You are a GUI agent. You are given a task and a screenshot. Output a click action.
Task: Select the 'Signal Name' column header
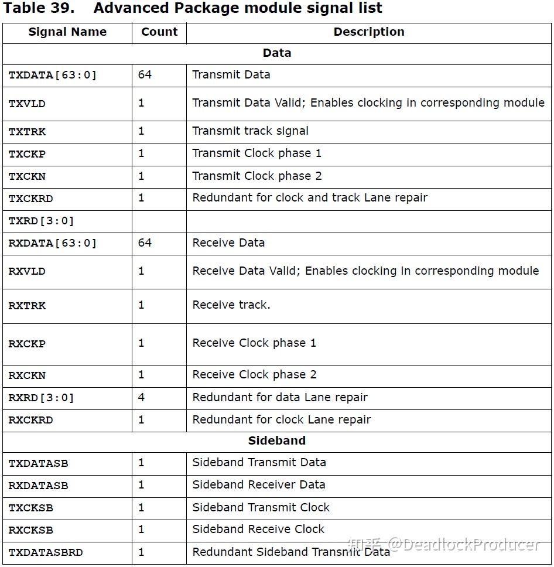[67, 32]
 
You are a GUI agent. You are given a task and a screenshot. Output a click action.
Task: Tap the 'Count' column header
[159, 32]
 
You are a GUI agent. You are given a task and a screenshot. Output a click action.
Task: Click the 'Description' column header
[369, 32]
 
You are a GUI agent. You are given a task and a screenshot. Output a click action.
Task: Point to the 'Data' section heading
[277, 53]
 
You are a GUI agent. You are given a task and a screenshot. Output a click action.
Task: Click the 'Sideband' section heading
[277, 441]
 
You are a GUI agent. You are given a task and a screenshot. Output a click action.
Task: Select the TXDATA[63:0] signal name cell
[53, 75]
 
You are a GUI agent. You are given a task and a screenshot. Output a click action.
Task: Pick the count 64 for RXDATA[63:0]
[145, 242]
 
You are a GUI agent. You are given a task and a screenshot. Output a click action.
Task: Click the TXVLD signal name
[27, 104]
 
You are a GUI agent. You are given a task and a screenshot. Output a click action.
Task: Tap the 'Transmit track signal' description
[250, 131]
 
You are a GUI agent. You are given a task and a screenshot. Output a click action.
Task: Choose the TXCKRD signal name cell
[31, 199]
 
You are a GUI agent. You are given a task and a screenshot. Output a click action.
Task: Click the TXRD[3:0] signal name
[42, 221]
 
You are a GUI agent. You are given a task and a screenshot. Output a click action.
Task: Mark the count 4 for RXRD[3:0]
[141, 397]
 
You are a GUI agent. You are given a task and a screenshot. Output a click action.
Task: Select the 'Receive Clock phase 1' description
[254, 343]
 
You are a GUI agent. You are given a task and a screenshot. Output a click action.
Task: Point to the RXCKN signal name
[27, 375]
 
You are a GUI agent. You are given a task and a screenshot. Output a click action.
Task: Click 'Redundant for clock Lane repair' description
[282, 419]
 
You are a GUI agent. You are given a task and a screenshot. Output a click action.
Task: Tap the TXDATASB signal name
[39, 463]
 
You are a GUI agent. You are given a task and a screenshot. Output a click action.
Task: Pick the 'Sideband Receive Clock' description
[258, 530]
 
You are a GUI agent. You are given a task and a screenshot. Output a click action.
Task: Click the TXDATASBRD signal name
[46, 552]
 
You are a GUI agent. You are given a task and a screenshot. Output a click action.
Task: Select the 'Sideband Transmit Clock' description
[261, 507]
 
